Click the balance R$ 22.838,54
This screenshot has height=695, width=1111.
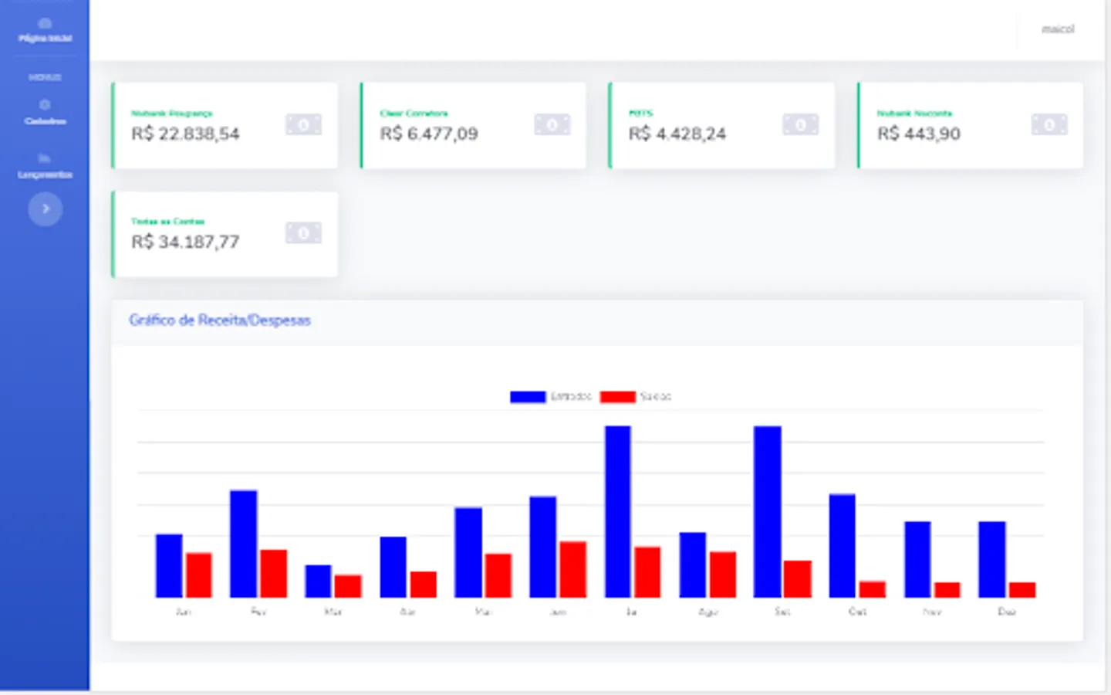(185, 134)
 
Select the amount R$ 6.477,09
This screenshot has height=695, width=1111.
(429, 134)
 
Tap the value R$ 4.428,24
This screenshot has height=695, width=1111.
(677, 134)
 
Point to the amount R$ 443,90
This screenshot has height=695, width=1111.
(919, 134)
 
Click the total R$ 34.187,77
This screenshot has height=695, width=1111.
(185, 242)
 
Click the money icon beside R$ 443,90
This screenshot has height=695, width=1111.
(1049, 124)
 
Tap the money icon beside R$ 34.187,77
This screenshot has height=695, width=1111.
(303, 232)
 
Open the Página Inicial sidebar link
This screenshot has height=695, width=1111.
(45, 31)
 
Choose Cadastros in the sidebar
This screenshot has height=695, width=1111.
(45, 113)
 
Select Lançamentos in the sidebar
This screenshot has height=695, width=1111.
(45, 166)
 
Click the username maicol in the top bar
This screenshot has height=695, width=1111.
(1058, 29)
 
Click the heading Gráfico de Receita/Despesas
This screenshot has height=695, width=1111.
(220, 320)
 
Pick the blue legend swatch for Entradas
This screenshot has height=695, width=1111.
(528, 397)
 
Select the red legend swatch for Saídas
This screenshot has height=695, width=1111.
(617, 397)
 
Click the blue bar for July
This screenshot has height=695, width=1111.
(617, 511)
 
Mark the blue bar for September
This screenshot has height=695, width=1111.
(767, 511)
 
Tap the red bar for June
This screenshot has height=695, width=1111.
(572, 569)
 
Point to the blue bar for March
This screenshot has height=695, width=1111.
(318, 581)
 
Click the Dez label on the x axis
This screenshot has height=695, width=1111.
(1007, 612)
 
